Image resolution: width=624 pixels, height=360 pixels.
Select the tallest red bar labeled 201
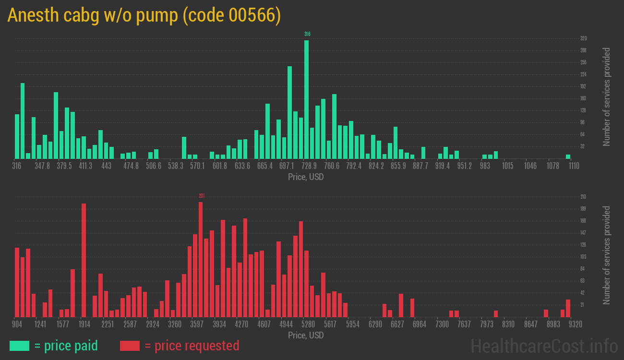(x=201, y=259)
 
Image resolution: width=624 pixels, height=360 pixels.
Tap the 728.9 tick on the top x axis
(x=309, y=166)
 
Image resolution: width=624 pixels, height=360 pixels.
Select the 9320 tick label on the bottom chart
(x=575, y=324)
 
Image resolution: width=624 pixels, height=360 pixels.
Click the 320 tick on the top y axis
(x=583, y=38)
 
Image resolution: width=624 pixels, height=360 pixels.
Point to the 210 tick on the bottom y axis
(x=583, y=197)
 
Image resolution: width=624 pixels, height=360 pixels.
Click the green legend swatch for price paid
(x=19, y=346)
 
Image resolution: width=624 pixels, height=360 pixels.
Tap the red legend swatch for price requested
(x=130, y=346)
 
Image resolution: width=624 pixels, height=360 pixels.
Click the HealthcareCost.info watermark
(x=544, y=346)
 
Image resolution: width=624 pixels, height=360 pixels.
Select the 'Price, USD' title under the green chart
(x=306, y=177)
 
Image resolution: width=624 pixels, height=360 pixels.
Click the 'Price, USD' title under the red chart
(x=306, y=335)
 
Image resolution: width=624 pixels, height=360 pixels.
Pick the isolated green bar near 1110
(x=568, y=156)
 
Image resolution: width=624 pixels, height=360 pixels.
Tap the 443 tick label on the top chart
(x=107, y=166)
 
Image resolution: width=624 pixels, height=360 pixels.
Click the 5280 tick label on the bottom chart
(x=308, y=324)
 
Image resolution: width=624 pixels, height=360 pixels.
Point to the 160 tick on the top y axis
(x=583, y=98)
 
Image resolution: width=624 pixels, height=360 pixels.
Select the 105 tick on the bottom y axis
(x=583, y=257)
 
